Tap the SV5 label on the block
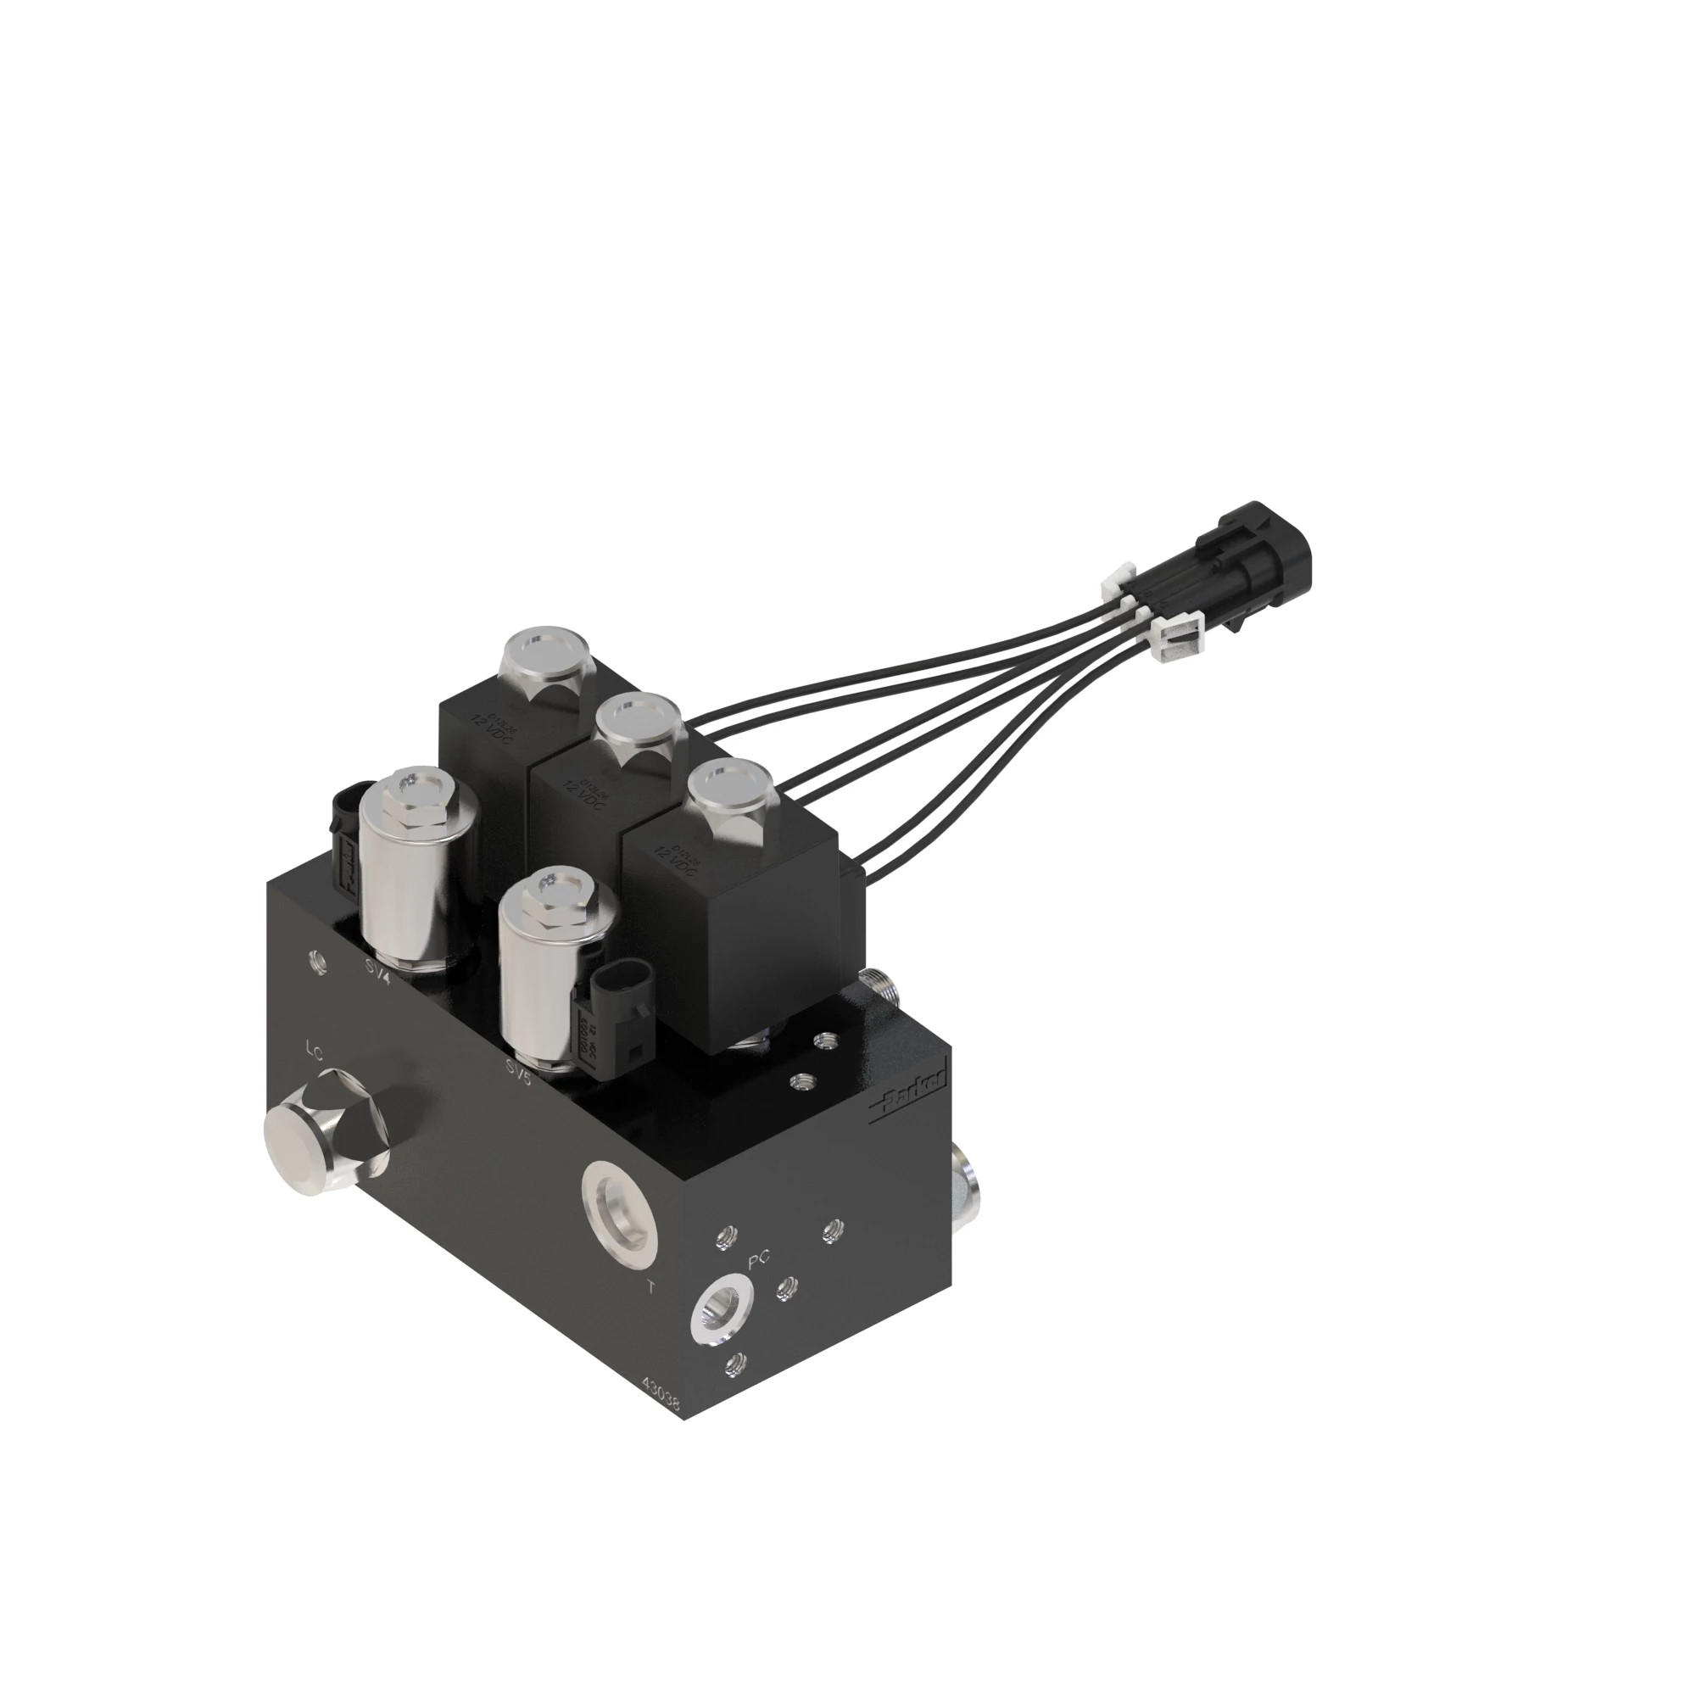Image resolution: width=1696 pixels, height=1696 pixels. pos(519,1071)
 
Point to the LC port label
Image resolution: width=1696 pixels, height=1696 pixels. pos(315,1049)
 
